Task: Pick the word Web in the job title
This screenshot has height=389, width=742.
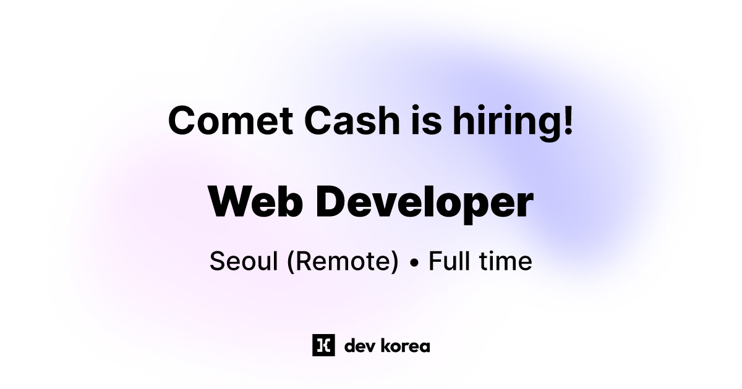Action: pyautogui.click(x=254, y=201)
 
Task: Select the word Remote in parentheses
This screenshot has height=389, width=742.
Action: pyautogui.click(x=343, y=261)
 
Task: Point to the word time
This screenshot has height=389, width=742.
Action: pyautogui.click(x=505, y=261)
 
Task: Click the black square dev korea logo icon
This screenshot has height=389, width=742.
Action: pyautogui.click(x=323, y=345)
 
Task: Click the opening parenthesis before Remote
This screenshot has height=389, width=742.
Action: pyautogui.click(x=290, y=262)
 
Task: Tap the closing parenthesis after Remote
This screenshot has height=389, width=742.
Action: pyautogui.click(x=395, y=262)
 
